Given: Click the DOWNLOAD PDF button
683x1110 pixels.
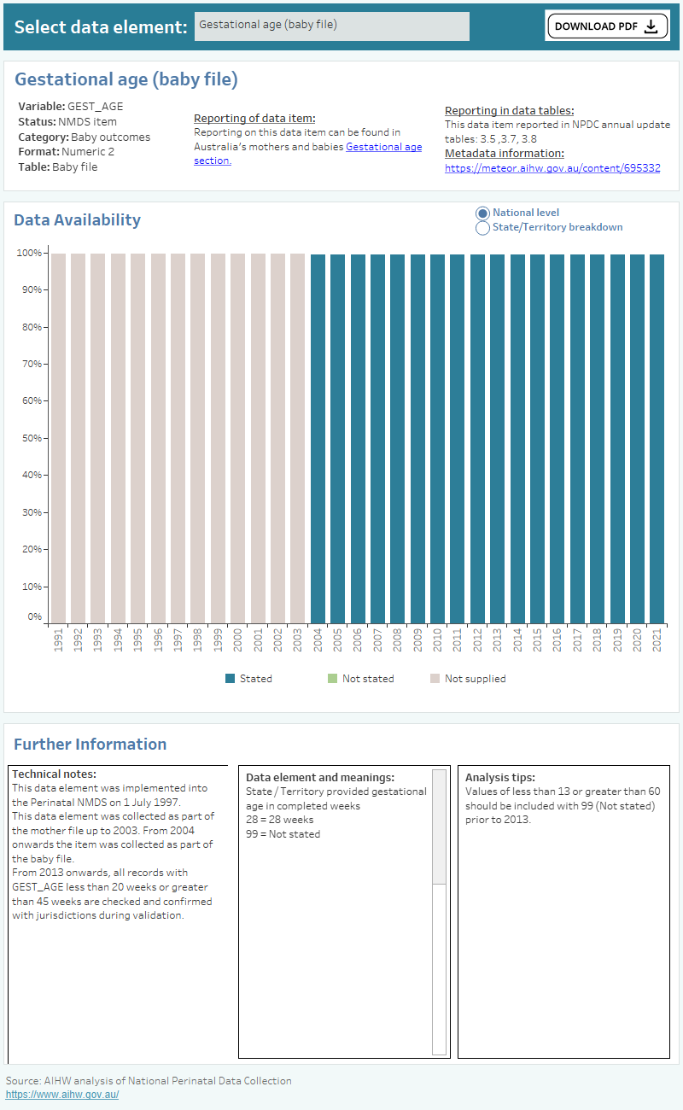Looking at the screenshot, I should (x=606, y=26).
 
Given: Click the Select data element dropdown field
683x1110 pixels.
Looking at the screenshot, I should (x=331, y=26).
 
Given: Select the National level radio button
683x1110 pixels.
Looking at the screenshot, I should (x=482, y=213).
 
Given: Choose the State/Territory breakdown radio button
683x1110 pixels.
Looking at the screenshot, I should (x=482, y=228).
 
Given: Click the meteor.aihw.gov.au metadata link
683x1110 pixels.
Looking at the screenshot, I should (x=552, y=168).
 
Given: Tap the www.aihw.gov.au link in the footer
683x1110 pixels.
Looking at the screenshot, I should (x=62, y=1095).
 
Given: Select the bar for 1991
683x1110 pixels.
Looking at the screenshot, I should (x=58, y=438).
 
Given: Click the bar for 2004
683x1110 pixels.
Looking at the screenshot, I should (x=318, y=438).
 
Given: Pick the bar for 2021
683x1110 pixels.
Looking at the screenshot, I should (x=657, y=438).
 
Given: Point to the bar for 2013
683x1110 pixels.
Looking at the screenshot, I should (x=497, y=438).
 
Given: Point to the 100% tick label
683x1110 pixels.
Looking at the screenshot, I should (x=28, y=253).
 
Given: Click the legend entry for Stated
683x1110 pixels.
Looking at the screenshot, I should (x=248, y=679).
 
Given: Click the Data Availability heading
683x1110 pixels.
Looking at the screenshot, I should (x=77, y=220).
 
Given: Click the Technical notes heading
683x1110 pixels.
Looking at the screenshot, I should (x=54, y=774).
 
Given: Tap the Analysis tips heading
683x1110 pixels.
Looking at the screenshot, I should (x=499, y=778).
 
